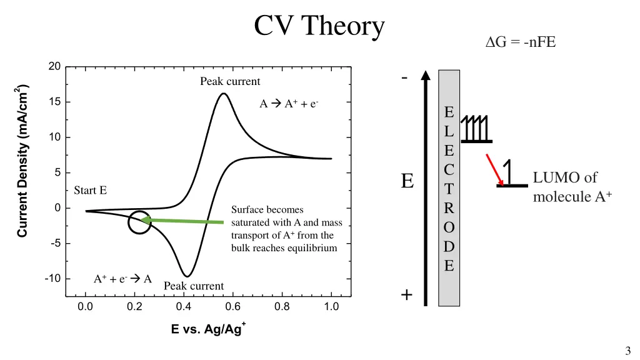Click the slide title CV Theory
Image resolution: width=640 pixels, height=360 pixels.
(319, 26)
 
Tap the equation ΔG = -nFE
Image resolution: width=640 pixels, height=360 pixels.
(521, 43)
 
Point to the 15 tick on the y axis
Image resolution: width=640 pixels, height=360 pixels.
(55, 102)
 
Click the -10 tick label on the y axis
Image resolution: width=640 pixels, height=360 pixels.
(52, 279)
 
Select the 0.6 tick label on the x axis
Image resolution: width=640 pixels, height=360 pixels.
(232, 307)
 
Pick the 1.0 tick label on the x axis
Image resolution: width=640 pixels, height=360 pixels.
(331, 307)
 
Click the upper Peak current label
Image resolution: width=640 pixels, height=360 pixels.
(230, 81)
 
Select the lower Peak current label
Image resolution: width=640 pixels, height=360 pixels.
(194, 286)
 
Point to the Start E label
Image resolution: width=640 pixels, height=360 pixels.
(90, 191)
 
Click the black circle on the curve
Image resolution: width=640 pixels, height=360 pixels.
(139, 222)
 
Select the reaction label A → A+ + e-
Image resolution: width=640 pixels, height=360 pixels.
(289, 104)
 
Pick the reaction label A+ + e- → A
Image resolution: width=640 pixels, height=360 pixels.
(123, 279)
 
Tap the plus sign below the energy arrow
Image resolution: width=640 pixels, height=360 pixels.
(407, 294)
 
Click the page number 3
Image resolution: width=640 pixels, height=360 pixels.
(627, 351)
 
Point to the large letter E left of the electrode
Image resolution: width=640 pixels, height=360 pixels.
(407, 181)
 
